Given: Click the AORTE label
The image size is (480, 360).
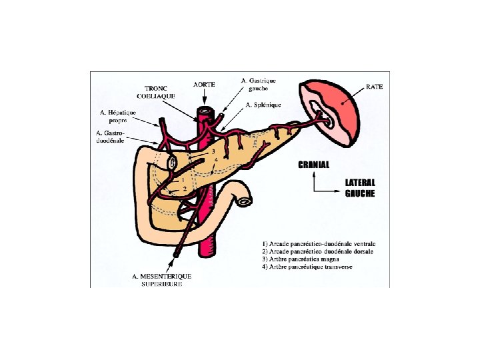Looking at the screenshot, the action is [x=204, y=85].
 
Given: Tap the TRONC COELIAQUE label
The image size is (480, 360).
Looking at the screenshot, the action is [x=160, y=92].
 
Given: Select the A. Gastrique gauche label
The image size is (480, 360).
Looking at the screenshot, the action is [x=258, y=85].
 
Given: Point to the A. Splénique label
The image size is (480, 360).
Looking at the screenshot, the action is [x=263, y=105].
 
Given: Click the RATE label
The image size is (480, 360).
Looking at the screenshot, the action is [x=375, y=87].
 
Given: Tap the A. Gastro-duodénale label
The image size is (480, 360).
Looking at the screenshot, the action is [x=111, y=137].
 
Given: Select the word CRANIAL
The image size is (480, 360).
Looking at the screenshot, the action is [x=313, y=164].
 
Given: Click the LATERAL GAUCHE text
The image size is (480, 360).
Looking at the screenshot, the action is [x=360, y=188].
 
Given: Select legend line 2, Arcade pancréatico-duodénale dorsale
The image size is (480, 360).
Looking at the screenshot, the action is [x=317, y=251].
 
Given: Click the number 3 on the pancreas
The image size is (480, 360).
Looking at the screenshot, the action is [x=213, y=151].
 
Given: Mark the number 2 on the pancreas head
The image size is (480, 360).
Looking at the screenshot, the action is [x=185, y=189].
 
